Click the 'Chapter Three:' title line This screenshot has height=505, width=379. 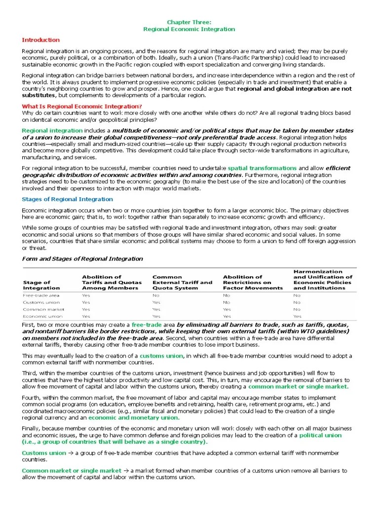tap(189, 22)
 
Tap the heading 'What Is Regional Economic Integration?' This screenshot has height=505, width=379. tap(82, 107)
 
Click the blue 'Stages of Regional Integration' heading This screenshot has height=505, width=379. tap(68, 199)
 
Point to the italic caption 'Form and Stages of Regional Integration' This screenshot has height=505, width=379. tap(82, 259)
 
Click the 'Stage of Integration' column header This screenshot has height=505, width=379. tap(41, 285)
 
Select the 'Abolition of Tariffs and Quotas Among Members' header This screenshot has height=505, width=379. tap(112, 283)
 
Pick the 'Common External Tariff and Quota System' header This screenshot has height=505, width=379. tap(182, 283)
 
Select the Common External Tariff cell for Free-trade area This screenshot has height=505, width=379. tap(156, 295)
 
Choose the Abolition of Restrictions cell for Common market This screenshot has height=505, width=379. tap(227, 309)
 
